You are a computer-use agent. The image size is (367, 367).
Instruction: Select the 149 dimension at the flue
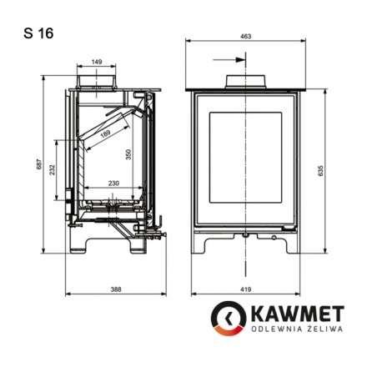[98, 61]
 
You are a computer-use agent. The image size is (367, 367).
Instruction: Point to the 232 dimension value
[52, 169]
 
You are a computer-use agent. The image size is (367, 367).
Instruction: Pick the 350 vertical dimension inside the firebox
[128, 154]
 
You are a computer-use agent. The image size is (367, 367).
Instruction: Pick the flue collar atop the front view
[245, 82]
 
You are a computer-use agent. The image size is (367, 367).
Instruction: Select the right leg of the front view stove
[291, 244]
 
